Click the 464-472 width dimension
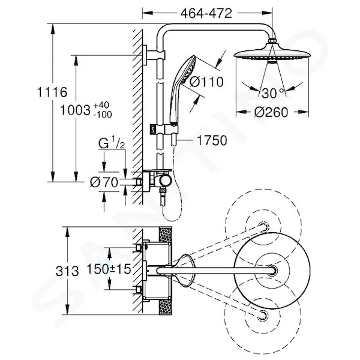click(x=206, y=13)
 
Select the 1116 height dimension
click(x=52, y=92)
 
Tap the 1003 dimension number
click(x=76, y=110)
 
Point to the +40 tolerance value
click(x=101, y=106)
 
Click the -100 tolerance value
click(x=103, y=115)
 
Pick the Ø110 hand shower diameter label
click(x=206, y=82)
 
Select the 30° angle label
click(x=272, y=93)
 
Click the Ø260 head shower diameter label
click(x=271, y=112)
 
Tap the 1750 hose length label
click(x=212, y=140)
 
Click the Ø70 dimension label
click(x=104, y=182)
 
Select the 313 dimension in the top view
click(x=67, y=271)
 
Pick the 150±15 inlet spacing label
click(x=109, y=269)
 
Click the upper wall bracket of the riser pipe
click(x=154, y=55)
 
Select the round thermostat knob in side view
click(x=166, y=181)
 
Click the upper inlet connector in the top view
click(x=139, y=247)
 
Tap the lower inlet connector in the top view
click(x=139, y=290)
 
